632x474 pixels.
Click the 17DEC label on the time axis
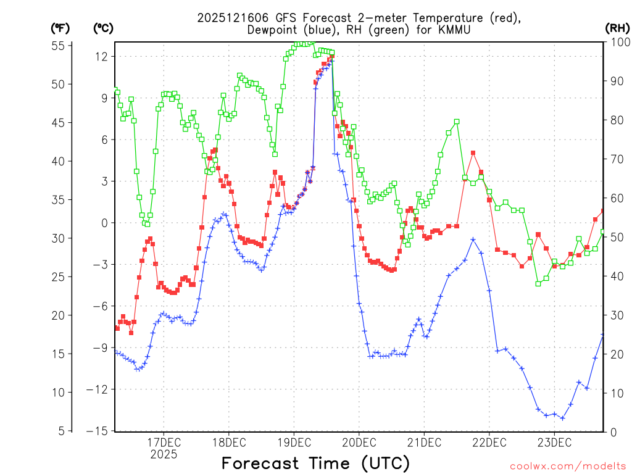point(163,443)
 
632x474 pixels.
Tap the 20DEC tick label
point(359,443)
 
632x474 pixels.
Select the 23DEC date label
point(554,443)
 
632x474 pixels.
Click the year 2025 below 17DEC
point(163,454)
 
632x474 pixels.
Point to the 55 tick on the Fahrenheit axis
point(59,46)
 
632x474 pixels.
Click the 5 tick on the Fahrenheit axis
point(62,431)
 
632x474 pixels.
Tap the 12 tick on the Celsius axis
point(101,56)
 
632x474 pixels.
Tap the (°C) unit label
point(103,28)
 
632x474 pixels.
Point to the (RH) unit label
point(617,28)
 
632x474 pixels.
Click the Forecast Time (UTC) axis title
point(315,463)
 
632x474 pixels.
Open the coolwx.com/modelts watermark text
point(567,465)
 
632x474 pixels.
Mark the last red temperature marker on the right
point(603,211)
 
